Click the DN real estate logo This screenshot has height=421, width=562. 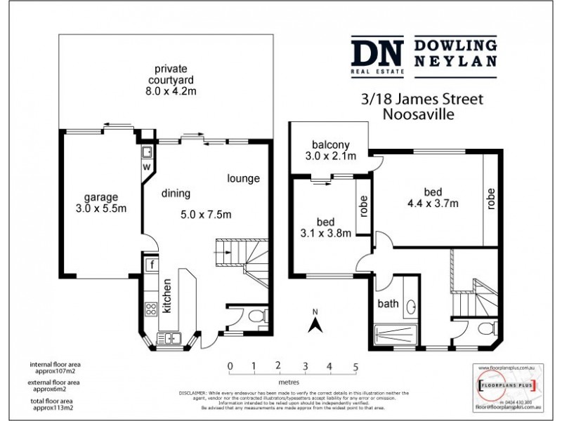(x=377, y=55)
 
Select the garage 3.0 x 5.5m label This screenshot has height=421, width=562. (x=101, y=202)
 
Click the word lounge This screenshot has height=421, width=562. (x=243, y=178)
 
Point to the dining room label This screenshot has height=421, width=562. (x=176, y=194)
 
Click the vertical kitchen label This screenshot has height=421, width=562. (x=167, y=302)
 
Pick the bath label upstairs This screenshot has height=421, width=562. (x=388, y=304)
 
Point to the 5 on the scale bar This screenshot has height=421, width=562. (x=355, y=366)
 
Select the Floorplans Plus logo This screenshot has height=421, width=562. (x=506, y=385)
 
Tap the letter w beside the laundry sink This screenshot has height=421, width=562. (x=147, y=167)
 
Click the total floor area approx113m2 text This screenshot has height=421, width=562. (x=54, y=402)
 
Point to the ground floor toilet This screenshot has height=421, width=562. (x=256, y=314)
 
